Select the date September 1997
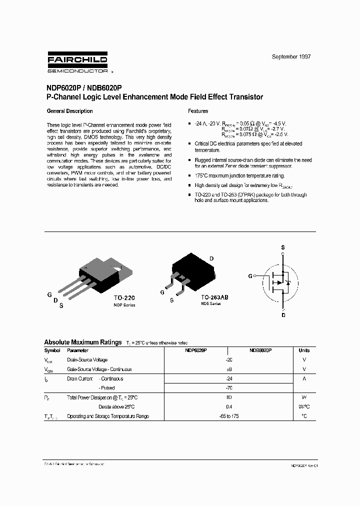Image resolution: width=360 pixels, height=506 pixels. coord(291,57)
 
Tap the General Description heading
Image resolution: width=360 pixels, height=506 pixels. coord(69,111)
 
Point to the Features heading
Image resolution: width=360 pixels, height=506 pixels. coord(198,111)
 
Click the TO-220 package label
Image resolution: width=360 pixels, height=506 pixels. coord(123,296)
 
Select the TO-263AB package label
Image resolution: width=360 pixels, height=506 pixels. coord(214,296)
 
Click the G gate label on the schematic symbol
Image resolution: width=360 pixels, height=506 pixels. coord(250,275)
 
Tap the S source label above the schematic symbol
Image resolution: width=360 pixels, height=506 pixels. coord(283,247)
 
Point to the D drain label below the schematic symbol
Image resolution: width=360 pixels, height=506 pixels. coord(283,315)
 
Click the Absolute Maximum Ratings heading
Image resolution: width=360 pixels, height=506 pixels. coord(83,342)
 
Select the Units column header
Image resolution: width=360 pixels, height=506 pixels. coord(304,350)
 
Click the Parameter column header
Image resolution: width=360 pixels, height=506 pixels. coord(77,350)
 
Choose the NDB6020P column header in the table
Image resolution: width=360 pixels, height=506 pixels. coord(260,350)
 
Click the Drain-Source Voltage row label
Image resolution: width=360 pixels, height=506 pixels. coord(87,360)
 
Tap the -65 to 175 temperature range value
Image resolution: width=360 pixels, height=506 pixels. coord(229,416)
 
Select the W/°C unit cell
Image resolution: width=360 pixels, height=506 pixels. coord(304,406)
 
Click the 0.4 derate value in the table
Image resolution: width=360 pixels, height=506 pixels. coord(229,406)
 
